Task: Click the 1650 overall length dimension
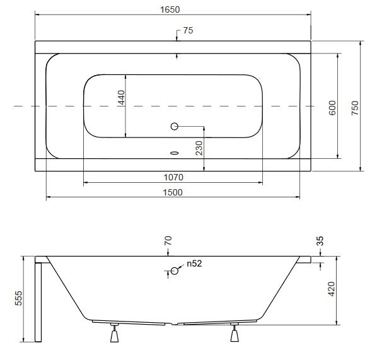[x=170, y=9]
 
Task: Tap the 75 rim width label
[x=188, y=30]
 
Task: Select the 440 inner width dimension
[x=122, y=97]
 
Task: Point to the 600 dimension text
[x=332, y=108]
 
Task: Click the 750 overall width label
[x=355, y=108]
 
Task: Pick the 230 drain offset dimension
[x=199, y=148]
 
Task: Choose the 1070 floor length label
[x=173, y=177]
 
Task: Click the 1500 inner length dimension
[x=173, y=192]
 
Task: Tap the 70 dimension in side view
[x=168, y=240]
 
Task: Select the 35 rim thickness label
[x=320, y=241]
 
